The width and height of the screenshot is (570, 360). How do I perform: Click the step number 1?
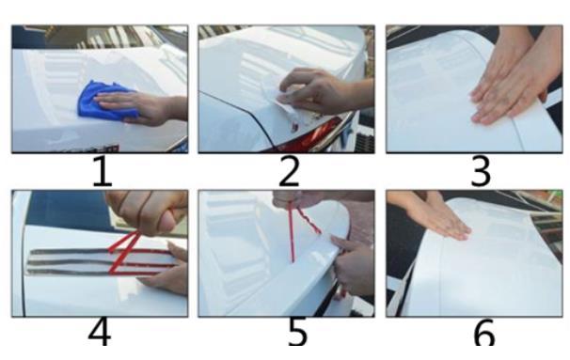[103, 171]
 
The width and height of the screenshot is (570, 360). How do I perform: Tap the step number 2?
[290, 171]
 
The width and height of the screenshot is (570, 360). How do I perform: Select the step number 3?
[481, 171]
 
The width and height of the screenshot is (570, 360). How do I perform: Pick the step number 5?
[298, 332]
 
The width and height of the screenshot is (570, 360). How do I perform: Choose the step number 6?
[484, 332]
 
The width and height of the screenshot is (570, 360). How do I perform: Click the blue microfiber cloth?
[103, 100]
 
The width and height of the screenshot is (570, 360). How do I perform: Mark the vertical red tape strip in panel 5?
[291, 232]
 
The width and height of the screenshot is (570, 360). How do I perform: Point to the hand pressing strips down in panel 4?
[166, 269]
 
